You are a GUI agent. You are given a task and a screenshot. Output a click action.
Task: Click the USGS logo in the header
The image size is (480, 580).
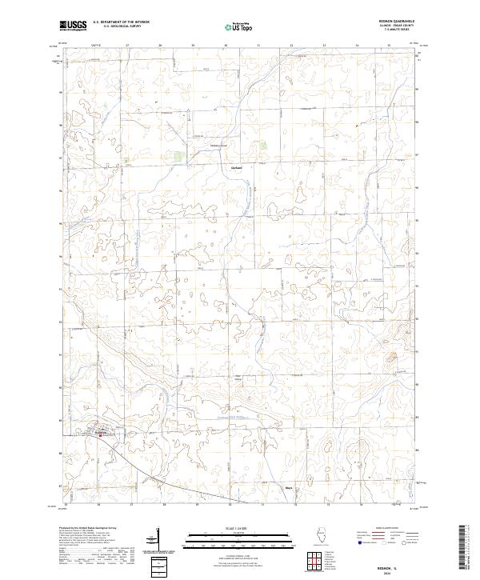point(74,26)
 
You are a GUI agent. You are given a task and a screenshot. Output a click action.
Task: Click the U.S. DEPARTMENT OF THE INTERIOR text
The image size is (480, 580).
point(121,22)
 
